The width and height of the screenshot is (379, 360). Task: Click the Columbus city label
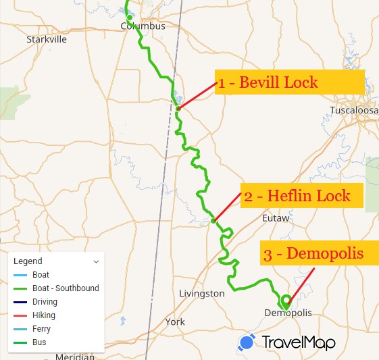tap(142, 26)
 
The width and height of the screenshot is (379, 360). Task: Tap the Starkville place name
tap(47, 39)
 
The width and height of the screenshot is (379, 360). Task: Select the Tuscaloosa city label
tap(354, 110)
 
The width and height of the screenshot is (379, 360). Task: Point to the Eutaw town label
tap(275, 219)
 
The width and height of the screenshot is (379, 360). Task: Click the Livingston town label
tap(202, 293)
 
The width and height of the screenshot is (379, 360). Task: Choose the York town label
tap(175, 322)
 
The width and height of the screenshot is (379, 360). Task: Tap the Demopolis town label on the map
tap(288, 313)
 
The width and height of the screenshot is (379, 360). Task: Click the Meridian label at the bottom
tap(75, 356)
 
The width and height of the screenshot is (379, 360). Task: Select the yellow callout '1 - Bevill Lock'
tap(290, 84)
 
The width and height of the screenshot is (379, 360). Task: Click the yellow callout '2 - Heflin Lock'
tap(302, 197)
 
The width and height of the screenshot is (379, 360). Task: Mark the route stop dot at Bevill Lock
tap(178, 108)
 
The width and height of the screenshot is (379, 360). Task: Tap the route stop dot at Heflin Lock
tap(213, 220)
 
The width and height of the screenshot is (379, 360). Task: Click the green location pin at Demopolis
tap(285, 301)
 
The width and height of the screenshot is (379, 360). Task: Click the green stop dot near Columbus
tap(130, 18)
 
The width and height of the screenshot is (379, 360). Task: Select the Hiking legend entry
tap(44, 315)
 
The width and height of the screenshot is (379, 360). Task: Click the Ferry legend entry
tap(41, 329)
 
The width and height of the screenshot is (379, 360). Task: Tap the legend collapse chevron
tap(96, 261)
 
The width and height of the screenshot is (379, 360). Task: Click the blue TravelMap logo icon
tap(247, 342)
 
